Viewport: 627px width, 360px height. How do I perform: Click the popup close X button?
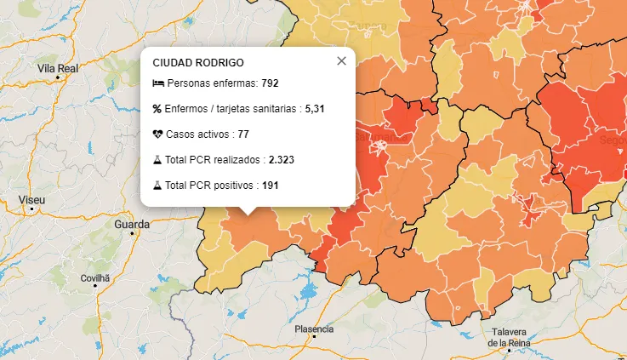(x=341, y=61)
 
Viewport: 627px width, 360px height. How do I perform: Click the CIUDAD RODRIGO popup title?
(x=198, y=63)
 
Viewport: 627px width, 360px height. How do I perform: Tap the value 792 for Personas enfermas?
(x=271, y=83)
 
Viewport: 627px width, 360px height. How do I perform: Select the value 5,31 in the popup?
(x=315, y=109)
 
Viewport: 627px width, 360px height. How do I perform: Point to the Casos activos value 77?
(x=243, y=134)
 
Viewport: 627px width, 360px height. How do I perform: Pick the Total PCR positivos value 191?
(x=270, y=185)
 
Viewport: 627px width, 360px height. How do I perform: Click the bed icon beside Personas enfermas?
(x=157, y=83)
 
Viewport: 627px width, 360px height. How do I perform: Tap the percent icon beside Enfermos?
(x=157, y=109)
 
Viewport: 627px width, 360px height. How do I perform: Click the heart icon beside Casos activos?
(x=157, y=134)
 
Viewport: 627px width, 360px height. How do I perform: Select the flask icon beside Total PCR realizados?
(x=157, y=159)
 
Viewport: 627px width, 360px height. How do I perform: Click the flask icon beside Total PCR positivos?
(x=157, y=185)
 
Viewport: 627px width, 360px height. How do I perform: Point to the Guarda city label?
(x=131, y=225)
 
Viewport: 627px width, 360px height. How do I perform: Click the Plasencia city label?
(x=314, y=329)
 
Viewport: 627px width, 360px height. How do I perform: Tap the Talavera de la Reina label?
(x=510, y=337)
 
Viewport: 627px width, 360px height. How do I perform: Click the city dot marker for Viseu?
(x=32, y=209)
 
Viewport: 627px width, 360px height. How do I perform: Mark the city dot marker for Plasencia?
(x=314, y=338)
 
